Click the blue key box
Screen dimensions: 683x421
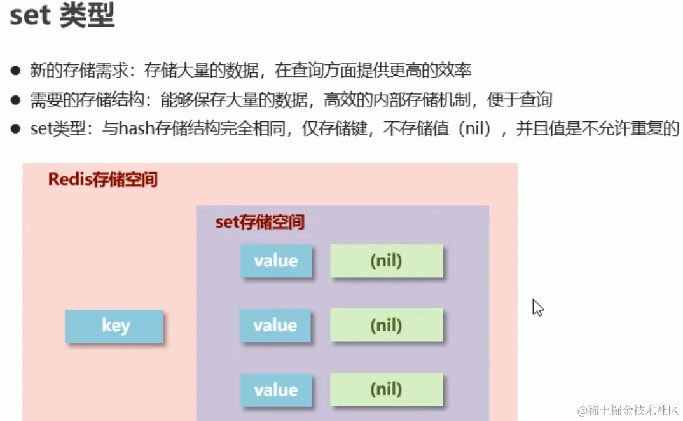coord(114,326)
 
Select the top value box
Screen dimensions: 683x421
coord(275,261)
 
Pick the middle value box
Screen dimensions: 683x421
coord(275,326)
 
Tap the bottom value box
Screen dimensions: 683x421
coord(275,390)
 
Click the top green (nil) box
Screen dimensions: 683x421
coord(386,261)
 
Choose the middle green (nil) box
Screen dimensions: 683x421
coord(386,326)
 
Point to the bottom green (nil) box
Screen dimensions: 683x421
coord(386,389)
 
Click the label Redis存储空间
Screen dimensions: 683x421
coord(102,179)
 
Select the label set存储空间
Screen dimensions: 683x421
coord(259,222)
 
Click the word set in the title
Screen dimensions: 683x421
coord(30,16)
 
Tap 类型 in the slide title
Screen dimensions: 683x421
coord(86,16)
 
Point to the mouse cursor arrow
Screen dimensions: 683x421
coord(537,307)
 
